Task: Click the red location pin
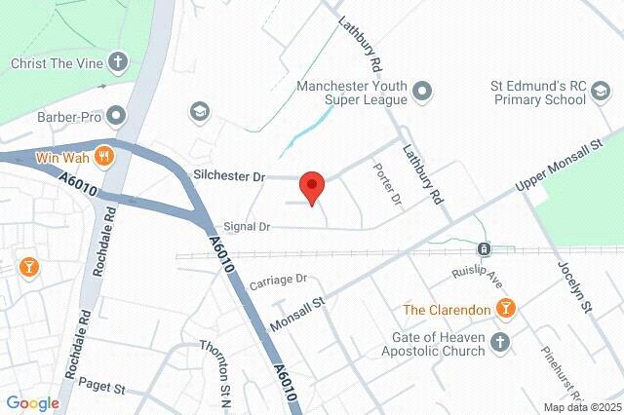click(x=311, y=185)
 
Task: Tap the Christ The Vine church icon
click(x=119, y=63)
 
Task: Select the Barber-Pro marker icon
click(x=118, y=118)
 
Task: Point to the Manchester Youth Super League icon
click(x=422, y=93)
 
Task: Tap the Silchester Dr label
click(x=231, y=175)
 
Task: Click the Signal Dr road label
click(x=246, y=226)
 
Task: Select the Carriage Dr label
click(x=278, y=283)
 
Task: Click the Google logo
click(x=33, y=402)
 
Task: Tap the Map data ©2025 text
click(x=582, y=407)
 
